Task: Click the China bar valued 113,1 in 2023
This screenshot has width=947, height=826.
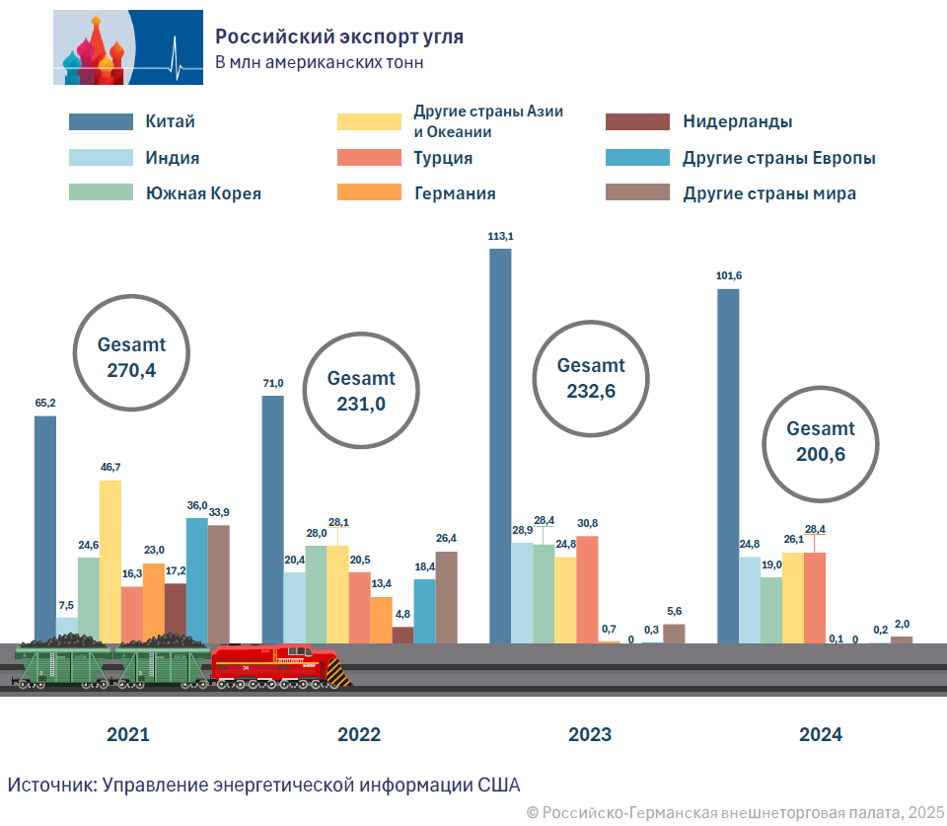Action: tap(500, 444)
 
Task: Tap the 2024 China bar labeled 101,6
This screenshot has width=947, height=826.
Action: tap(728, 464)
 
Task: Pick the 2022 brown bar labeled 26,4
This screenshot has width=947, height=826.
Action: tap(447, 596)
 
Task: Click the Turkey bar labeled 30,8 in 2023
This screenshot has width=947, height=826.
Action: tap(587, 588)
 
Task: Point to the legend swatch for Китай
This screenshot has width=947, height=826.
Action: tap(101, 121)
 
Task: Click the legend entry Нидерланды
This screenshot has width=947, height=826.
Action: tap(737, 122)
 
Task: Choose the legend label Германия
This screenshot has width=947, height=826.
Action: tap(455, 193)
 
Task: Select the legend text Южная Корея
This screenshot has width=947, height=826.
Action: tap(203, 193)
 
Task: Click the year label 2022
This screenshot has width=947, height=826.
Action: tap(359, 734)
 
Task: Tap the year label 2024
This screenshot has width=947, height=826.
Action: tap(821, 734)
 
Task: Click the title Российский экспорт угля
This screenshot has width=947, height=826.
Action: tap(339, 38)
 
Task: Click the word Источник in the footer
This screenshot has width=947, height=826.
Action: tap(49, 785)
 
